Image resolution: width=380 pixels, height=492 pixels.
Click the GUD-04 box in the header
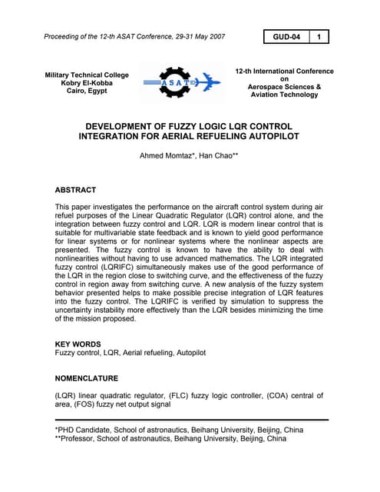[286, 36]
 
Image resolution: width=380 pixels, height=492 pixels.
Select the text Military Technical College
[87, 75]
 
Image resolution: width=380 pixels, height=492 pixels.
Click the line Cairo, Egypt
[87, 91]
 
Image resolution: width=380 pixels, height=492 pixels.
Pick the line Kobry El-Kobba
[87, 83]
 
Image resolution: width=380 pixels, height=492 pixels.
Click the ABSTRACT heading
[75, 189]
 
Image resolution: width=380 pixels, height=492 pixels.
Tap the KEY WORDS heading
[78, 344]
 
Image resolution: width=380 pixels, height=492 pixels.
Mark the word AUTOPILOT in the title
[270, 136]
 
